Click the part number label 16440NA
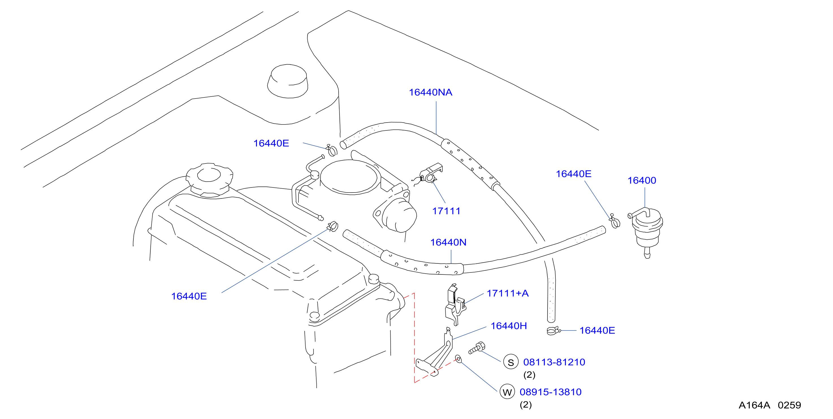[x=430, y=92]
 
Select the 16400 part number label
[x=642, y=181]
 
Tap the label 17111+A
[x=508, y=293]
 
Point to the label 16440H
[x=509, y=326]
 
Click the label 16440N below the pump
[x=448, y=242]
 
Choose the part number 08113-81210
[x=554, y=362]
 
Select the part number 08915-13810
[x=550, y=392]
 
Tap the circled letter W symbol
[x=507, y=392]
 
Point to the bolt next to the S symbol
[x=477, y=348]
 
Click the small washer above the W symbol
[x=458, y=359]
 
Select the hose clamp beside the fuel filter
[x=615, y=221]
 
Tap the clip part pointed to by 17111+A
[x=455, y=305]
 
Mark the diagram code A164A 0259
[x=770, y=405]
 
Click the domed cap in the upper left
[x=287, y=81]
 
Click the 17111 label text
[x=446, y=211]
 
